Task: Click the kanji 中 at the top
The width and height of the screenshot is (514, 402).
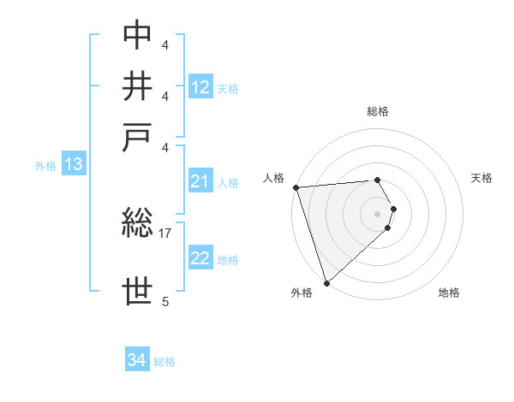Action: click(x=138, y=35)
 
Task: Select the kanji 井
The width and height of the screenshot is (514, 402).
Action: click(x=138, y=86)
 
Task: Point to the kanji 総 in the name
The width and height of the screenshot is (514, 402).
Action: click(x=138, y=225)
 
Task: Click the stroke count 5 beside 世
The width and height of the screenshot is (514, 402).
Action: click(x=165, y=301)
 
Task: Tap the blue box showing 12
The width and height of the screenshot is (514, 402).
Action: click(x=200, y=87)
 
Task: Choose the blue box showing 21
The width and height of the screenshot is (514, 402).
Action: click(x=200, y=181)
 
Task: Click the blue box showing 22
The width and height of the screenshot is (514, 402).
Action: click(x=200, y=258)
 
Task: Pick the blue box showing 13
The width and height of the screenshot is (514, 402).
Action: click(x=73, y=165)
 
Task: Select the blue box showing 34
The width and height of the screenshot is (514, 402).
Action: click(x=137, y=360)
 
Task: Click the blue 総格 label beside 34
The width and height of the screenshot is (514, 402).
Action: click(x=164, y=362)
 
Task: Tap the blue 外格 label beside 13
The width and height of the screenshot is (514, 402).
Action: click(x=45, y=166)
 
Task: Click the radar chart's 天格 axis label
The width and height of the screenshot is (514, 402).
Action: click(x=481, y=178)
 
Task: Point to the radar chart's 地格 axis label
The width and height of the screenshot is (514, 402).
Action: click(x=449, y=293)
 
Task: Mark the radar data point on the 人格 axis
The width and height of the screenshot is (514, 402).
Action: click(x=296, y=187)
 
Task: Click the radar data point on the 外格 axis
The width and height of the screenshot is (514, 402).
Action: click(x=326, y=283)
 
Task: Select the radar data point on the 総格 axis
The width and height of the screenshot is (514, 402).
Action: click(x=377, y=180)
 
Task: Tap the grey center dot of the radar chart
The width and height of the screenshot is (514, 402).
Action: click(x=377, y=213)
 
